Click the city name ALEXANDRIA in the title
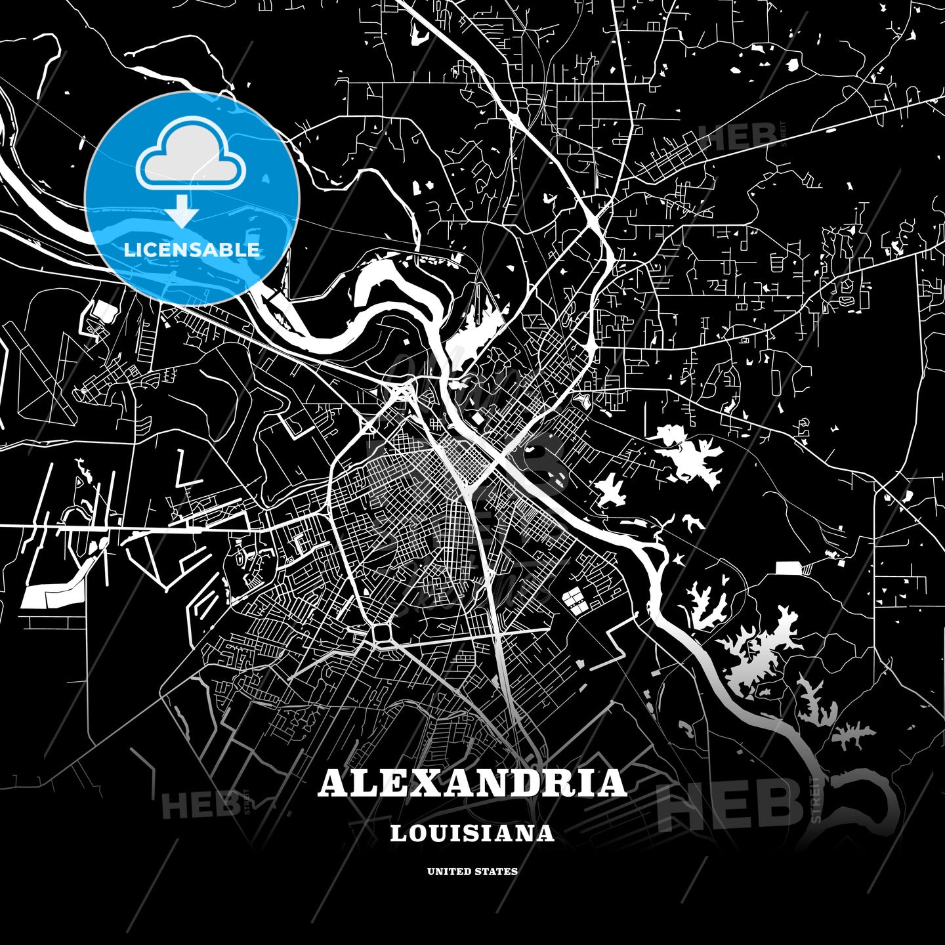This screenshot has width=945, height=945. coord(472,783)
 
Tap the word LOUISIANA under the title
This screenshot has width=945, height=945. coord(472,833)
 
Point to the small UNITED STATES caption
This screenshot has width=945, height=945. coord(472,871)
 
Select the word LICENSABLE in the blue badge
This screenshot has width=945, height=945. coord(192,250)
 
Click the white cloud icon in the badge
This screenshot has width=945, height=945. coord(191,154)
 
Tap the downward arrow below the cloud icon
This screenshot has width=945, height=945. coord(181,211)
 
